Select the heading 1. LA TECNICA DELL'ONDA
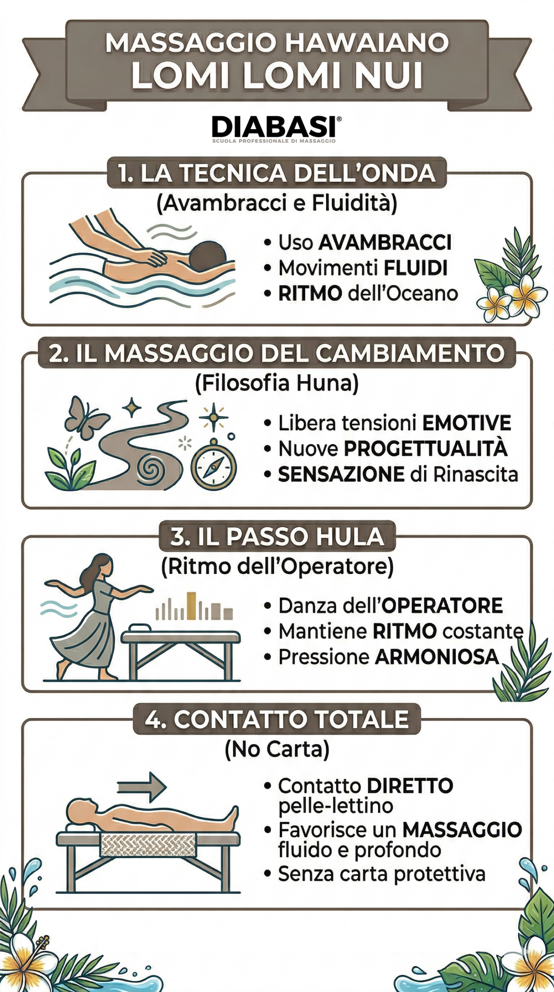[276, 173]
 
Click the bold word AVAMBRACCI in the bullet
[385, 243]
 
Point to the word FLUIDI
[416, 268]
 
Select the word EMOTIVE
[466, 423]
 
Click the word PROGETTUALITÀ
[425, 449]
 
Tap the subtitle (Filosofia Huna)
[277, 384]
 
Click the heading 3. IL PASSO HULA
[277, 537]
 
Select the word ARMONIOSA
[437, 657]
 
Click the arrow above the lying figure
[142, 787]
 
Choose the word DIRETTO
[410, 786]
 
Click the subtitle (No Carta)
[277, 749]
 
